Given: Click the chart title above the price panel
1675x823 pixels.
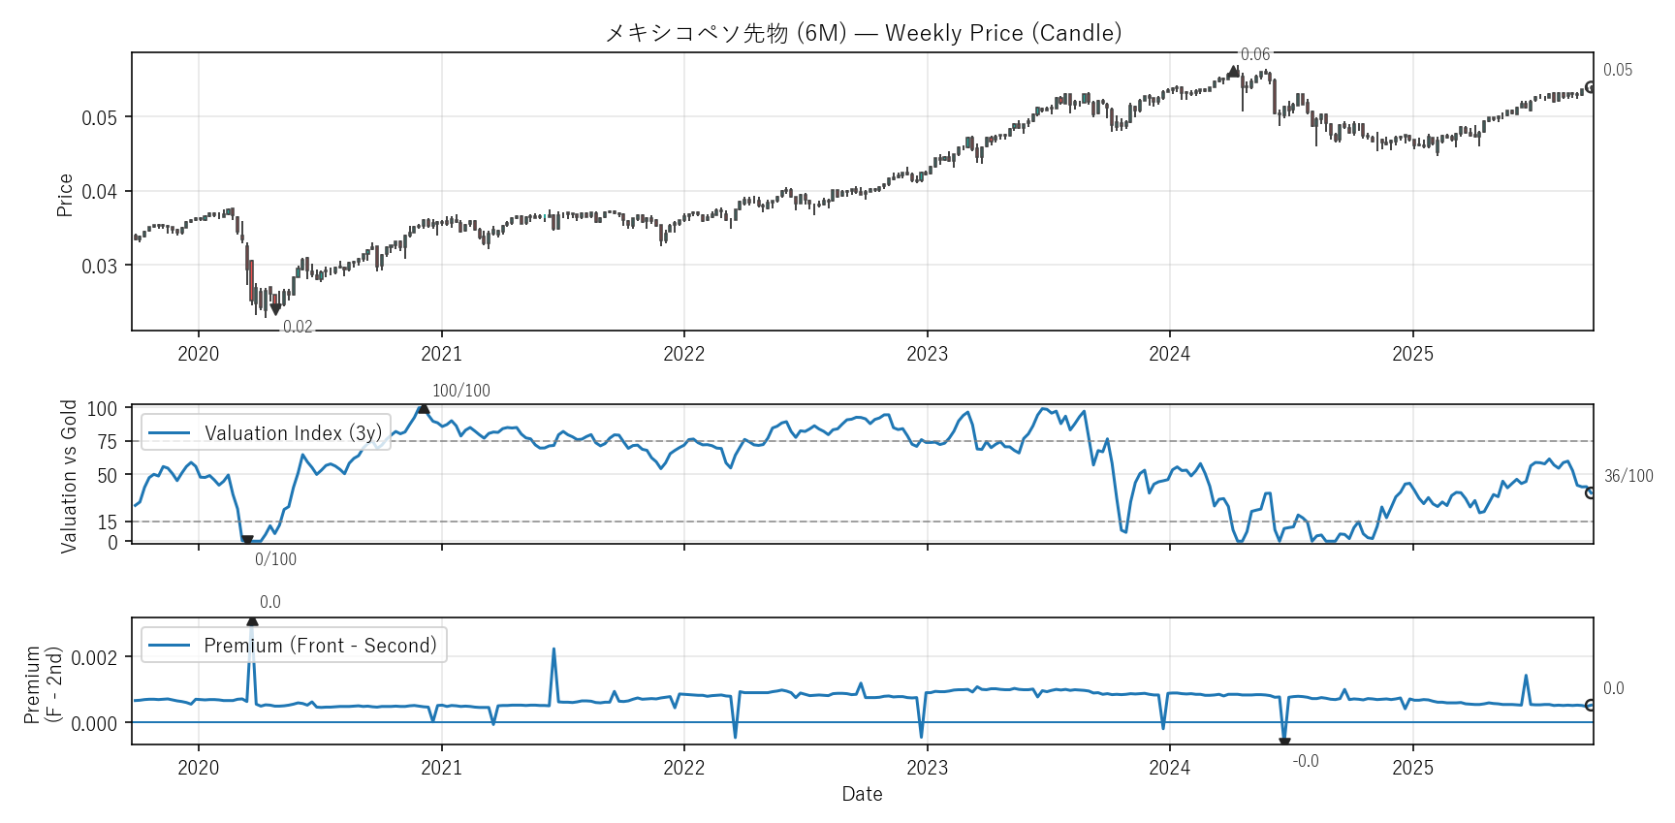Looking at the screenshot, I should pyautogui.click(x=863, y=33).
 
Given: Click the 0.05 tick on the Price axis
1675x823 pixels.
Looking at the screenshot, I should pyautogui.click(x=99, y=118).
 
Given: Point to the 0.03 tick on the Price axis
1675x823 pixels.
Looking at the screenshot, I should pyautogui.click(x=99, y=266).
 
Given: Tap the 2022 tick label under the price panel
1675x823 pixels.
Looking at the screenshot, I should pyautogui.click(x=683, y=354).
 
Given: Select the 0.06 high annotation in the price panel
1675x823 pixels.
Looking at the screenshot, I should pyautogui.click(x=1254, y=54).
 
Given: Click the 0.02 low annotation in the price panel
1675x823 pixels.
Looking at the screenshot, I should pyautogui.click(x=298, y=327).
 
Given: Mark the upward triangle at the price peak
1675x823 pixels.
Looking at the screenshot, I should pyautogui.click(x=1233, y=72).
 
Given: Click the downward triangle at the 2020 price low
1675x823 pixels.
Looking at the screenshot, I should pyautogui.click(x=275, y=309).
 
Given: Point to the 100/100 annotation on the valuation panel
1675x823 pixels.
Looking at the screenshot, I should pyautogui.click(x=460, y=391).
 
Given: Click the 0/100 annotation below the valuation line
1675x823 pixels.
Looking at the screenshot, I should pyautogui.click(x=275, y=559).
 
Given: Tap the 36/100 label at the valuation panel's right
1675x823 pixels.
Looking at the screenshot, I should pyautogui.click(x=1628, y=476).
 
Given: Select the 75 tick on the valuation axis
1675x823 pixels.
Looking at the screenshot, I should pyautogui.click(x=107, y=442).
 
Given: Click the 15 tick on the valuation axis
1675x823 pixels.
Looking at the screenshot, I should pyautogui.click(x=107, y=522).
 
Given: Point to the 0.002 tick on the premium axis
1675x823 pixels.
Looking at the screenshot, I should pyautogui.click(x=95, y=658).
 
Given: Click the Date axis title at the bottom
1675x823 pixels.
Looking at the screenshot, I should pyautogui.click(x=862, y=794).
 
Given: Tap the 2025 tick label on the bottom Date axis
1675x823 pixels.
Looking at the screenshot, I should pyautogui.click(x=1412, y=768).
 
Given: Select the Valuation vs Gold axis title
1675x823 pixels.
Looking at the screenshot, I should pyautogui.click(x=69, y=476).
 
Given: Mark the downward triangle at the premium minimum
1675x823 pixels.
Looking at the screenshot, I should pyautogui.click(x=1284, y=744).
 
